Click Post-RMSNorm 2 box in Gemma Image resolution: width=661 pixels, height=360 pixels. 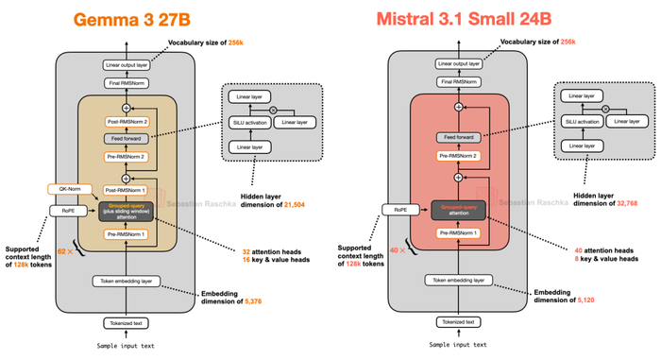127,124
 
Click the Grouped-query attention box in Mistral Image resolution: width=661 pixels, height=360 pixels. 458,210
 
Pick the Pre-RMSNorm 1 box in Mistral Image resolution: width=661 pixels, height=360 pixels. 458,232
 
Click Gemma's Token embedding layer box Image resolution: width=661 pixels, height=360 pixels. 127,281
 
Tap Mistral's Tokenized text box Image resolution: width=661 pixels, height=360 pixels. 458,321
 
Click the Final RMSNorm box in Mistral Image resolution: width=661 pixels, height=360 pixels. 458,83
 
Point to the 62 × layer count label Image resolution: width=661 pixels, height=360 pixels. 64,252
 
